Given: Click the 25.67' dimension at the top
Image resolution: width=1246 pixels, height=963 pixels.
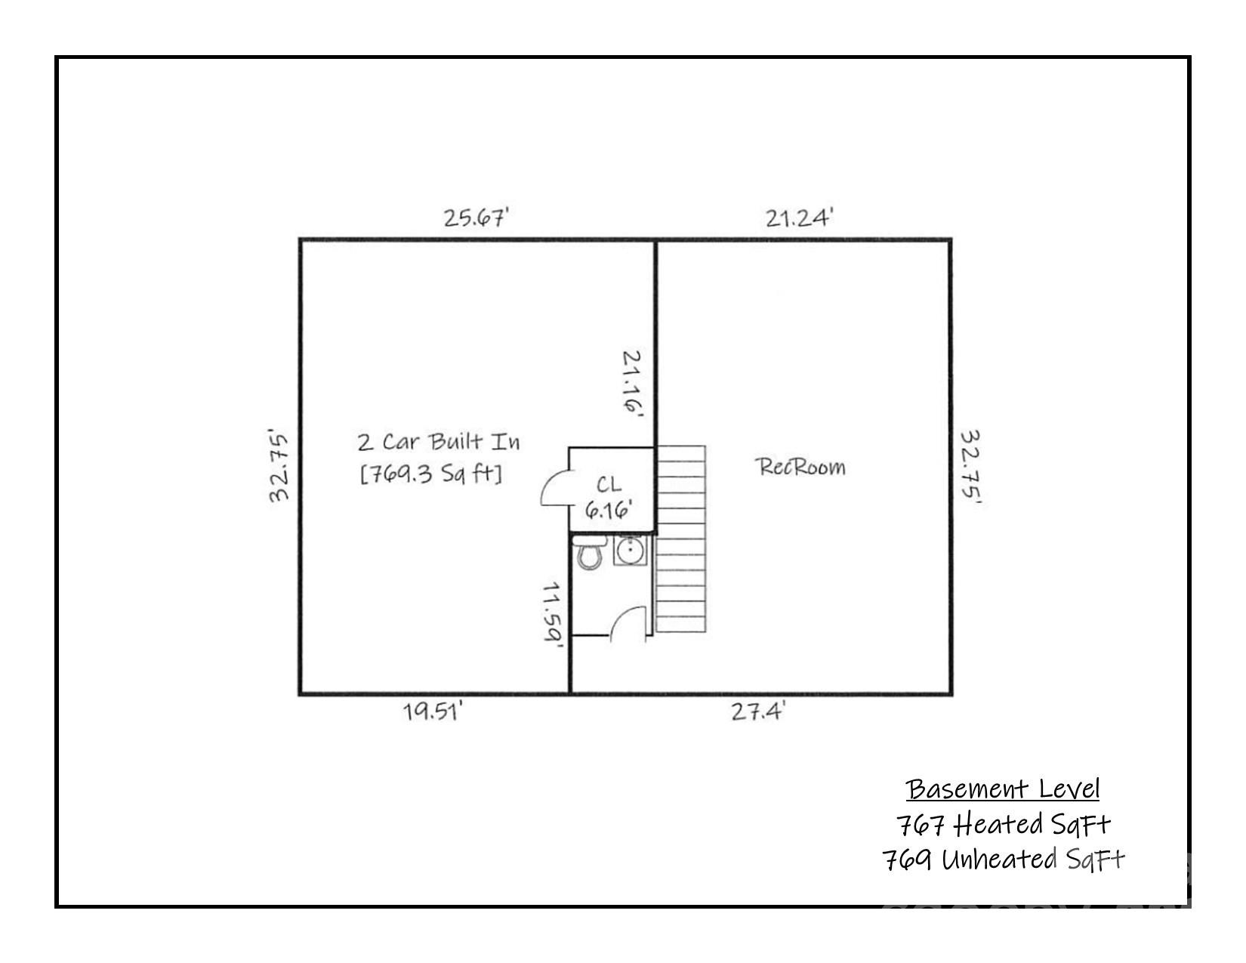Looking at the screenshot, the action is [476, 218].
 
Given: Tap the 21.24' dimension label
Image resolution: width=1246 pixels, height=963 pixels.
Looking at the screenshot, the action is [799, 218].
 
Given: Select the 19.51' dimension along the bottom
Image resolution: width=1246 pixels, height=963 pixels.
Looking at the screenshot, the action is [433, 711].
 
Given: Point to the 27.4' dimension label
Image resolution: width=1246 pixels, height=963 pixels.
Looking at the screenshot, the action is [757, 711].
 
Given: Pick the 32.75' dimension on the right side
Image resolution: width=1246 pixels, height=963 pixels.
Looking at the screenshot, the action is [971, 467].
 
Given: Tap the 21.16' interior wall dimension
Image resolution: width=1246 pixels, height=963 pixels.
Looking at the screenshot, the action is [632, 383].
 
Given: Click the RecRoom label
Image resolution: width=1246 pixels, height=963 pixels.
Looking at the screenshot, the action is [800, 467].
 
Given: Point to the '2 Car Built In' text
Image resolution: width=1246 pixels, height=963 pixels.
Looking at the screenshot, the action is [439, 442].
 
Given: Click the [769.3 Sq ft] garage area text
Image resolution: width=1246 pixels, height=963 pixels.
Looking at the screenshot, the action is [431, 474].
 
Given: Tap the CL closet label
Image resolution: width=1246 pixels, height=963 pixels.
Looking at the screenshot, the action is [609, 485].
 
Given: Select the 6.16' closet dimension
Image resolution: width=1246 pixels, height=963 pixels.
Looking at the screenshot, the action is [609, 510].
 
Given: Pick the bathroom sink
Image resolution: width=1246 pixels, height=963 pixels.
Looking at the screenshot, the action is [630, 550].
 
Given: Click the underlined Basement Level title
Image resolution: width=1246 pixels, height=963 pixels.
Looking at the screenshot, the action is [1003, 789].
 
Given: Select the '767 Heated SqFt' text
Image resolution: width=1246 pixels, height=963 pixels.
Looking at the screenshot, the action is [1004, 825].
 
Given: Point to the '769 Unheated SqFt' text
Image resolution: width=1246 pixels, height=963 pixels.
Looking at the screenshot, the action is [1004, 860].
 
